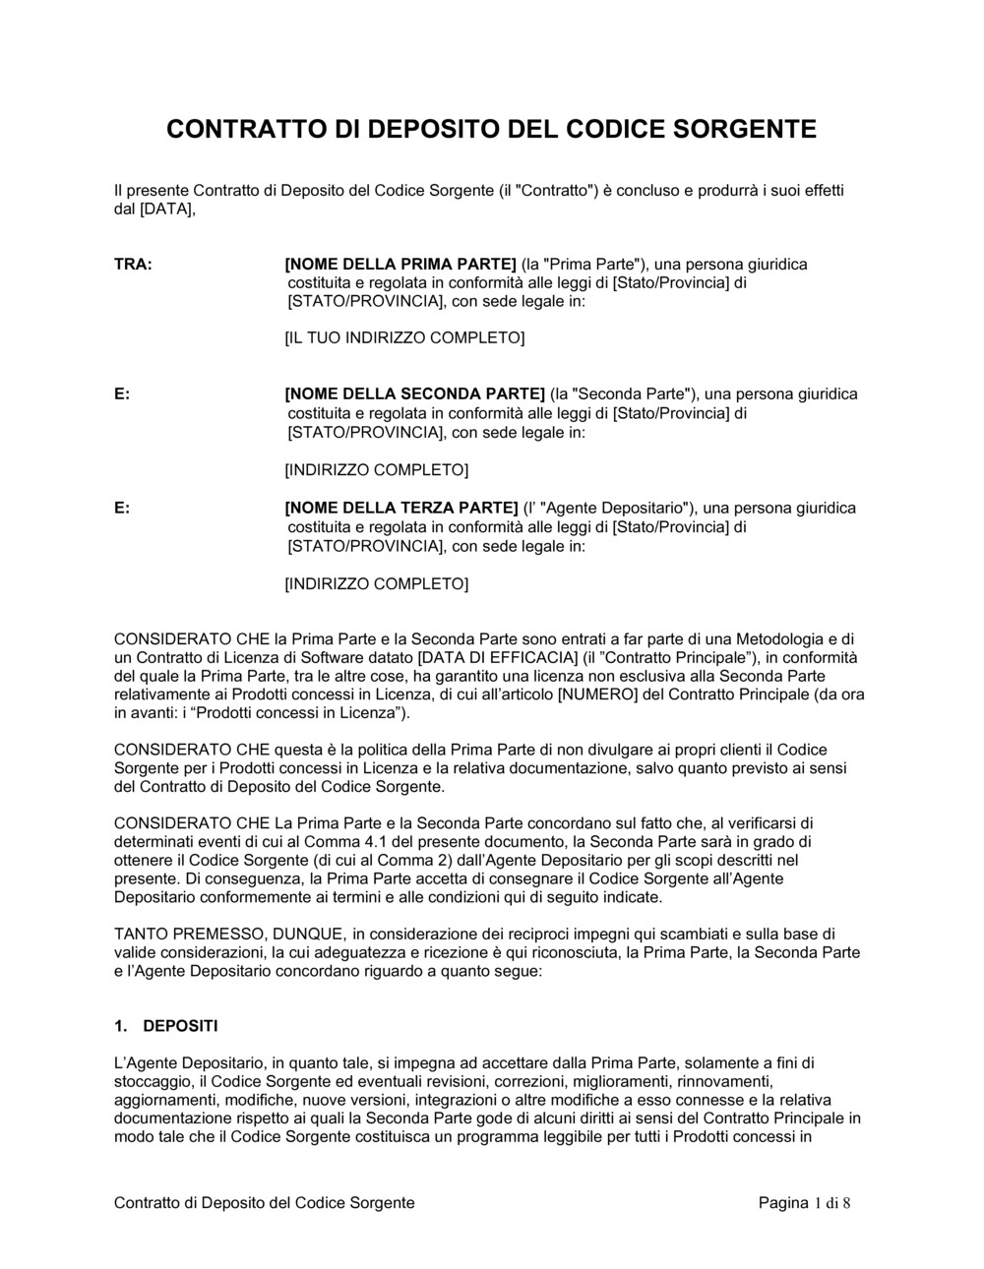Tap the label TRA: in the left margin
pyautogui.click(x=133, y=265)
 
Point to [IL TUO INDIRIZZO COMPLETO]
pyautogui.click(x=404, y=338)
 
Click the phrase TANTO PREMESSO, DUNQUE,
pyautogui.click(x=230, y=934)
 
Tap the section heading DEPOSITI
pyautogui.click(x=181, y=1026)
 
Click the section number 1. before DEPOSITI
pyautogui.click(x=122, y=1026)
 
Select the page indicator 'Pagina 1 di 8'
pyautogui.click(x=804, y=1203)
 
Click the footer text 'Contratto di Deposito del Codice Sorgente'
pyautogui.click(x=265, y=1203)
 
